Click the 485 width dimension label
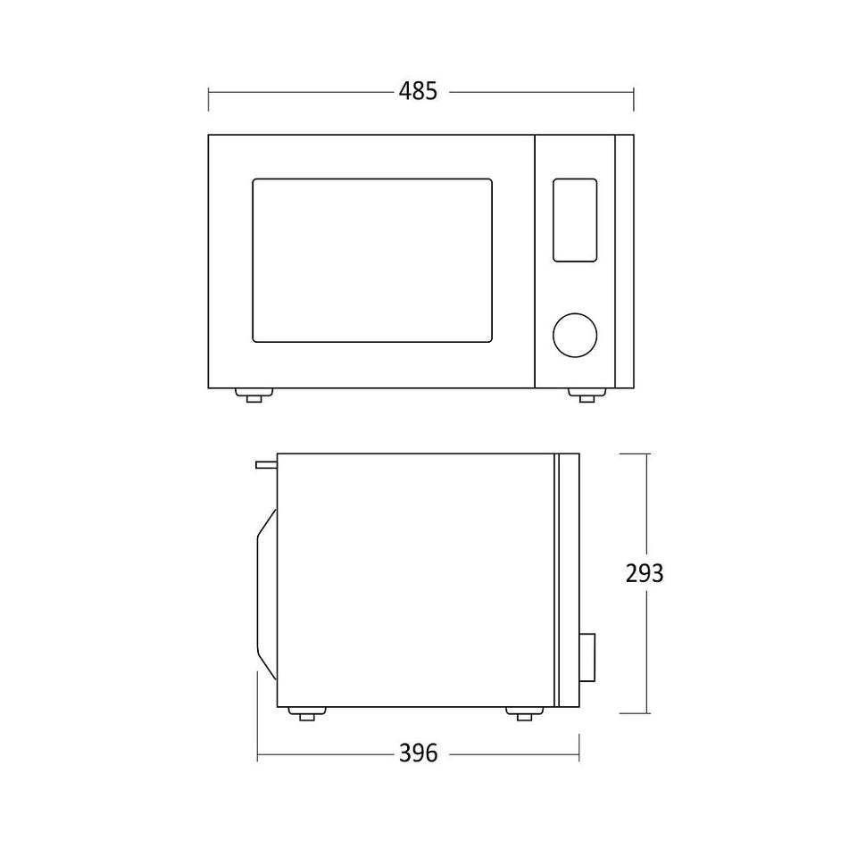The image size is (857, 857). coord(418,91)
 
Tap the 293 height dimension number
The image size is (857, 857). coord(645,573)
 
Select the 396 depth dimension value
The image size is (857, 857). coord(418,753)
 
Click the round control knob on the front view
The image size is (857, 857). coord(574,335)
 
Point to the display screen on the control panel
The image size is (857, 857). coord(574,220)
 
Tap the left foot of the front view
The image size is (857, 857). coord(254,395)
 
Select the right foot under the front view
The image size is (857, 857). coord(587,395)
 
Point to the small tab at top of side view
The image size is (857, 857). coord(266,464)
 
